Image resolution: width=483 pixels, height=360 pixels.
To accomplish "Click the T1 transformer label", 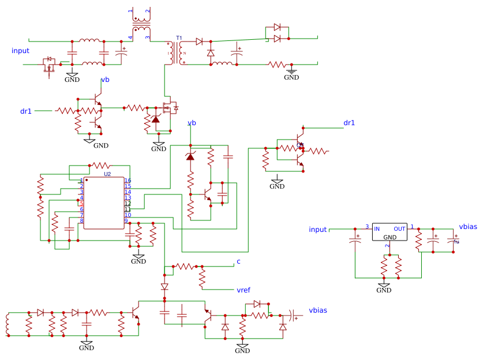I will tap(179, 38).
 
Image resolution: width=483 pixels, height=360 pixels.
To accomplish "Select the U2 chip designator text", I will tap(107, 174).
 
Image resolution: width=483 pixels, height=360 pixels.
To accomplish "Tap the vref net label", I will tap(244, 289).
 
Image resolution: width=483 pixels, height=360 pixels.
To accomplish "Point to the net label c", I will tap(238, 262).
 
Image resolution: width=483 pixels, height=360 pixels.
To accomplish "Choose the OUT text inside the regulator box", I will tap(399, 228).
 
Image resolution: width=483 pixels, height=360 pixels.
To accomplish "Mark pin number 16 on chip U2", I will tap(128, 181).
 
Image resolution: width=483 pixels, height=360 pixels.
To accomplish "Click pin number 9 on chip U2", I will tap(126, 221).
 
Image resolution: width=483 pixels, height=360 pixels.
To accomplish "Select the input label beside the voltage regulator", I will tap(317, 229).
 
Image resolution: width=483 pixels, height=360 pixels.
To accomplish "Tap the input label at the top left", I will tap(20, 51).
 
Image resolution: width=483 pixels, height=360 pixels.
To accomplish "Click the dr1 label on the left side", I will tap(26, 111).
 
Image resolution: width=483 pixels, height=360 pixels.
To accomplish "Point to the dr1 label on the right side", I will tap(349, 123).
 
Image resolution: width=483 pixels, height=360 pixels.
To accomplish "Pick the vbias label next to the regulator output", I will tap(467, 227).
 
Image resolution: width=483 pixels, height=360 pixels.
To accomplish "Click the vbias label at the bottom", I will tap(317, 310).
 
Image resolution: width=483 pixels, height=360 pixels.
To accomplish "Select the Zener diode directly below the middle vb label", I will tap(190, 157).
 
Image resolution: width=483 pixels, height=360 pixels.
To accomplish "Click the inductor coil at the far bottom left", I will tap(8, 324).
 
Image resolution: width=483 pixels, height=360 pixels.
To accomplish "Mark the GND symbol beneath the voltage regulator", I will tap(384, 287).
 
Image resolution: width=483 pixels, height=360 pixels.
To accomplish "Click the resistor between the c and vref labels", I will tap(202, 277).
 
